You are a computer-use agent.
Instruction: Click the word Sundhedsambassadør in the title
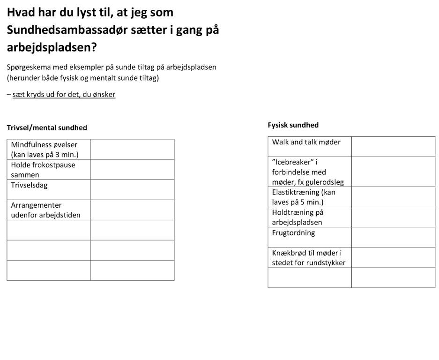point(71,30)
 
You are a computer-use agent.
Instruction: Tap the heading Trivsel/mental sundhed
point(47,127)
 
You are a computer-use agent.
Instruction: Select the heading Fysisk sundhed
point(293,125)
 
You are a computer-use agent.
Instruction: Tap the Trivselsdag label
point(30,185)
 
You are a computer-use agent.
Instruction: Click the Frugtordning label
point(293,232)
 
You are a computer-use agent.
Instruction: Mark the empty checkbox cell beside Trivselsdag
point(132,190)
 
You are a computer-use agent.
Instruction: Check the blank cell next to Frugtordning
point(393,237)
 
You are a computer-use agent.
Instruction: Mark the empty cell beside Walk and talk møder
point(393,146)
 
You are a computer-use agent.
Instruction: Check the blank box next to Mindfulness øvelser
point(132,149)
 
